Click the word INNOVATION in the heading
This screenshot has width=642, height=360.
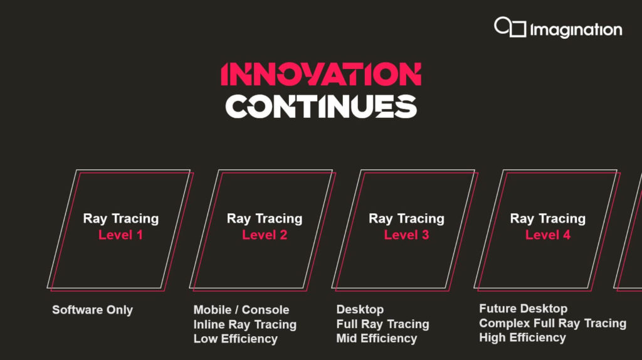coord(321,74)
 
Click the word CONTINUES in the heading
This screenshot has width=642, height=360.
coord(321,107)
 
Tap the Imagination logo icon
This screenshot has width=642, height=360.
coord(510,27)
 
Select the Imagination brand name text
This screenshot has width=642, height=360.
coord(576,30)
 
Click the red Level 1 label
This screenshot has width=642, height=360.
coord(120,235)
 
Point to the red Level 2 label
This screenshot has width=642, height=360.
coord(265,235)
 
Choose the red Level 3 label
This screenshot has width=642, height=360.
coord(406,235)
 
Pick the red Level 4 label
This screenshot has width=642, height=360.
coord(548,235)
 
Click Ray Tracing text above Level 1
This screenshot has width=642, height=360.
coord(121,219)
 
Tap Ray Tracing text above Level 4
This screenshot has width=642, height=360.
coord(548,219)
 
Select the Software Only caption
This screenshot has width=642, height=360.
coord(93,310)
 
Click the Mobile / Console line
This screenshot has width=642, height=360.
coord(241,310)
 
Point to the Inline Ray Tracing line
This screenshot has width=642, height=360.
coord(245,324)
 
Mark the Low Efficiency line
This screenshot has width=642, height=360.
coord(236,339)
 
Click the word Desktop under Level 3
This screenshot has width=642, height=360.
coord(360,310)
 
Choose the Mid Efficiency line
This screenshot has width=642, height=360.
coord(377,338)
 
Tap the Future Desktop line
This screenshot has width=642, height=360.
coord(524,309)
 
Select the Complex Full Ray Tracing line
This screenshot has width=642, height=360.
coord(553,323)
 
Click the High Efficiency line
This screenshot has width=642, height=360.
coord(522,337)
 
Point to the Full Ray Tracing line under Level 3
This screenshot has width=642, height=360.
coord(383,324)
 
